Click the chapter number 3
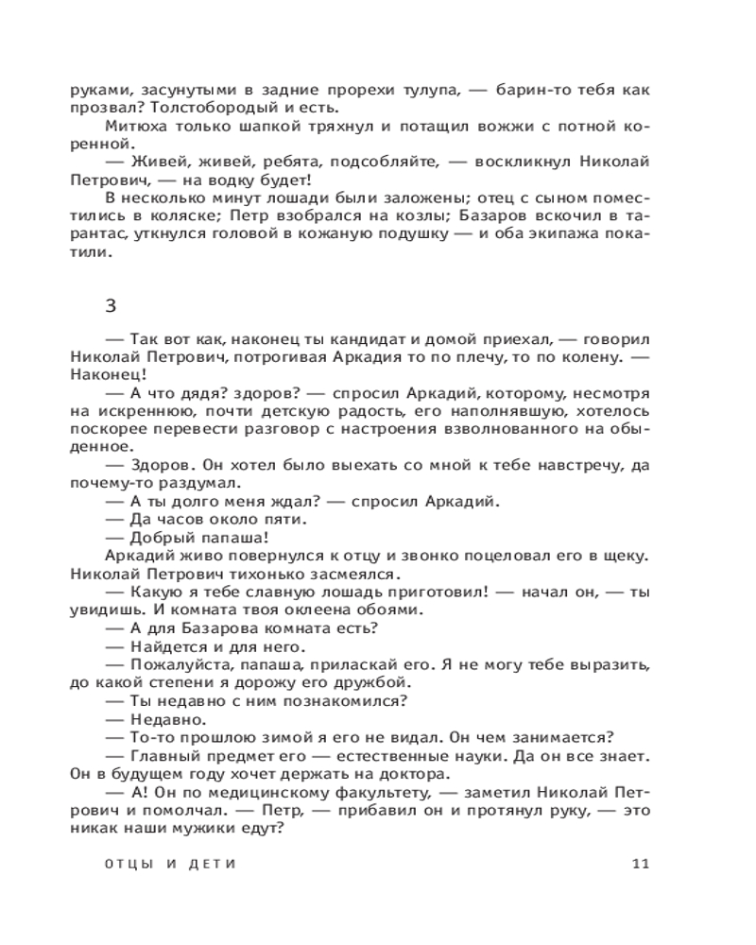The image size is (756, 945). [x=112, y=304]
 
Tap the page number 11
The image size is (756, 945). [x=640, y=863]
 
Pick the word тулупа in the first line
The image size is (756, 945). [x=429, y=90]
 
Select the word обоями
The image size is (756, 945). [x=378, y=610]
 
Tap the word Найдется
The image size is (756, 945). [x=163, y=646]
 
